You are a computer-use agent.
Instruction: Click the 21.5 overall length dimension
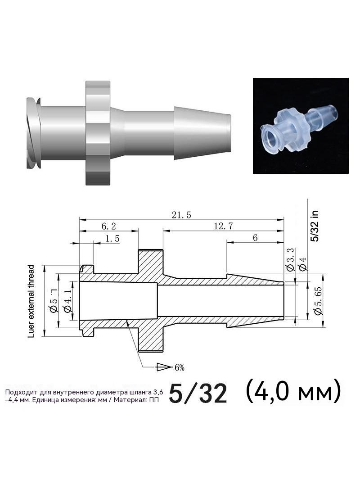coord(181,215)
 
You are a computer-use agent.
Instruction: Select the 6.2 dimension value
coord(108,226)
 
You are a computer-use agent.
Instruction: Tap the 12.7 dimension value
coord(223,226)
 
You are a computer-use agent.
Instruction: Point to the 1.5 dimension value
coord(112,239)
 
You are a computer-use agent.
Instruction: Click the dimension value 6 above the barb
coord(256,238)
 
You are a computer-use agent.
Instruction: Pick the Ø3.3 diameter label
coord(291,260)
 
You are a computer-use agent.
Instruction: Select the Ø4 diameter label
coord(303,264)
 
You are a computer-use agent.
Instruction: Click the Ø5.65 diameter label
coord(318,301)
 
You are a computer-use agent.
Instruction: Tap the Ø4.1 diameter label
coord(67,301)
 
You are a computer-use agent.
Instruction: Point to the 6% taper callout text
coord(180,367)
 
